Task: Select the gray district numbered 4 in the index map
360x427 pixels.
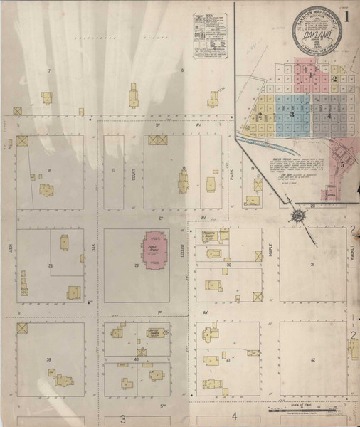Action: point(328,115)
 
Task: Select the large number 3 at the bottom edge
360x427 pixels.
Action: point(123,418)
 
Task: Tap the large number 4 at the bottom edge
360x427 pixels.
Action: point(233,417)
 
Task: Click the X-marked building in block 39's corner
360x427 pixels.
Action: point(23,329)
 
